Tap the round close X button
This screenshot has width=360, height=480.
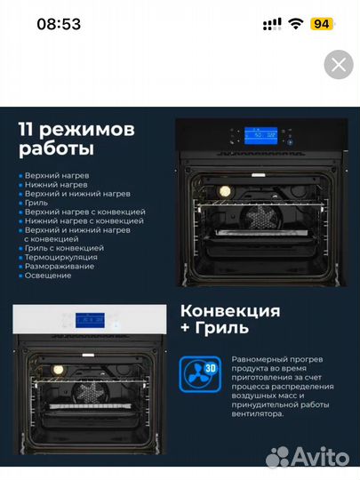[x=338, y=64]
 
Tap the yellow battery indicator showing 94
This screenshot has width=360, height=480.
[x=322, y=24]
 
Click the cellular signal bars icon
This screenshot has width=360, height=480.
[x=272, y=24]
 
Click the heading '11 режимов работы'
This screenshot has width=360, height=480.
[x=76, y=139]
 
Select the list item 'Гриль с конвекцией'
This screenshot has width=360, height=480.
[x=63, y=248]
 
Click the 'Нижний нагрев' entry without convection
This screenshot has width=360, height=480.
[x=56, y=185]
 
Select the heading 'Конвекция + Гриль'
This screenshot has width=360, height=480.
[x=229, y=320]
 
